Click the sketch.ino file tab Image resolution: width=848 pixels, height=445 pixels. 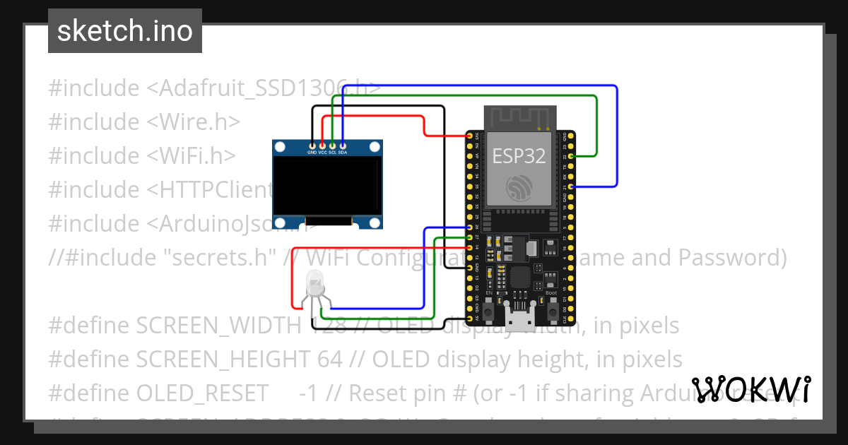pos(124,31)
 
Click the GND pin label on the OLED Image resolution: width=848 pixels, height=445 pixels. pos(312,153)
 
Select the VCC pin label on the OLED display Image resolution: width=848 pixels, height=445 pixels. pos(322,153)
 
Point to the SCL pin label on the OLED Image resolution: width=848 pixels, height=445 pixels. pos(332,153)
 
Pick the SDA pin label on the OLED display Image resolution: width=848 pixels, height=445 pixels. pos(343,153)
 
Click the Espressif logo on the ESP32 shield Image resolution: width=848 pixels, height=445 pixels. pos(519,186)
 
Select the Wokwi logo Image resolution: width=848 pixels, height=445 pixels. pos(751,389)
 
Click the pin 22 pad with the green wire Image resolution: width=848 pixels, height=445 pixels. pos(570,155)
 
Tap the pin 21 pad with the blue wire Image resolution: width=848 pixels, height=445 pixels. pos(570,186)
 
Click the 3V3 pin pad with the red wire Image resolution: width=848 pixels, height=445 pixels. pos(469,136)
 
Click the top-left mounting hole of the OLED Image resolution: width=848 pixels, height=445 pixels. pos(280,147)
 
